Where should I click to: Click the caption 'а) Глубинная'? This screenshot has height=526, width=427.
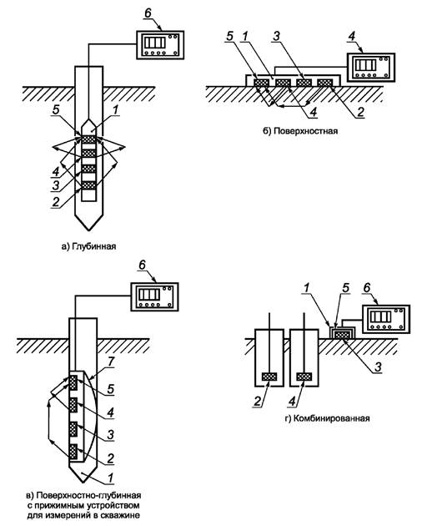pos(88,246)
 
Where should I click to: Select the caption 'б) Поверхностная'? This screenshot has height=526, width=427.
pos(300,131)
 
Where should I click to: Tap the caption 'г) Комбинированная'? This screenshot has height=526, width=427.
pos(327,418)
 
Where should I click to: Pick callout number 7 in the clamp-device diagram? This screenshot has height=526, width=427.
pos(112,362)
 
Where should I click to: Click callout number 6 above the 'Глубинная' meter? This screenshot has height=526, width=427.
pos(148,13)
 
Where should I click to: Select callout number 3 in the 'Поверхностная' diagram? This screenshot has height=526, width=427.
pos(276,36)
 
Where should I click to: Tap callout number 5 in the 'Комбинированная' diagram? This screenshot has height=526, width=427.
pos(345,288)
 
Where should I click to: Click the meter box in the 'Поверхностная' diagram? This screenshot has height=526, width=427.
pos(370,67)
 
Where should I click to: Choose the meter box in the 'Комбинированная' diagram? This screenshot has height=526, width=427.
pos(385,319)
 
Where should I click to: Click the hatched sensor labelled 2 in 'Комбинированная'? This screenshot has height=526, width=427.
pos(269,377)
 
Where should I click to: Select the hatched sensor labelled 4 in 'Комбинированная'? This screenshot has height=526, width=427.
pos(304,377)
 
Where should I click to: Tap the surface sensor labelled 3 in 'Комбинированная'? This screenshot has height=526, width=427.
pos(342,335)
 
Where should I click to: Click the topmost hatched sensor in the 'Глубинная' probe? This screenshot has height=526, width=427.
pos(88,139)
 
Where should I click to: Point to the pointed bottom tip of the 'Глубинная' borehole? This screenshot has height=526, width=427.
pos(88,230)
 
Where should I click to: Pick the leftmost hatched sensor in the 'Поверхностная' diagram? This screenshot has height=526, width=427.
pos(261,82)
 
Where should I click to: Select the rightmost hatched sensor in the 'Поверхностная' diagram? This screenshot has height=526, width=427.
pos(325,82)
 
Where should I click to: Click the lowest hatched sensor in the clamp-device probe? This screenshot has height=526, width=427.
pos(73,452)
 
